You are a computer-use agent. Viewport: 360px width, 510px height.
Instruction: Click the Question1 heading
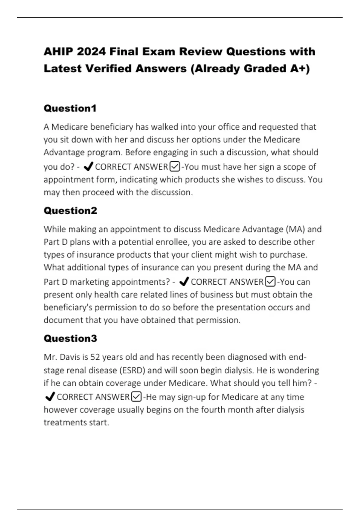[x=70, y=108]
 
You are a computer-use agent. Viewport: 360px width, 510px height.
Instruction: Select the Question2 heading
[x=70, y=211]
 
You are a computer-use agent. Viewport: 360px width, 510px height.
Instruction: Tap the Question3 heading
[x=70, y=338]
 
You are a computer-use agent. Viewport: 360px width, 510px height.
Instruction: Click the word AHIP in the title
[x=58, y=52]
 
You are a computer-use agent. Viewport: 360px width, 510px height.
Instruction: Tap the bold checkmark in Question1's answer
[x=88, y=166]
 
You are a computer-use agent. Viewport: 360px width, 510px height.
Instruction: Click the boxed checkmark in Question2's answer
[x=271, y=282]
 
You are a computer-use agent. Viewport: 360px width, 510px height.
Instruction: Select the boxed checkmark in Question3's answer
[x=136, y=397]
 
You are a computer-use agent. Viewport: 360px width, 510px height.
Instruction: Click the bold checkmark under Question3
[x=49, y=397]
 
